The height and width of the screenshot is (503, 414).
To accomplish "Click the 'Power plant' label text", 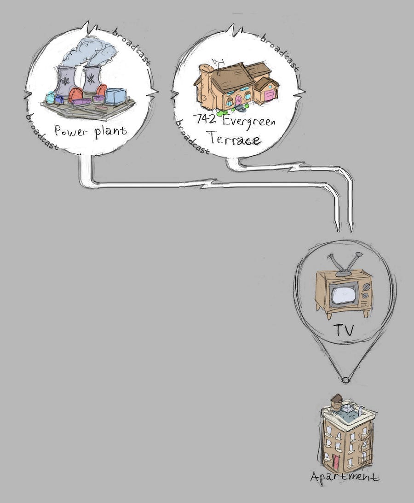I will [90, 131].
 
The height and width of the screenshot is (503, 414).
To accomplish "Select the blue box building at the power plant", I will [115, 96].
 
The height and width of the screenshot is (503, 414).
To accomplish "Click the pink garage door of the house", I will [269, 95].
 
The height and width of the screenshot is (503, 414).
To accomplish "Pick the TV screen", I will [343, 293].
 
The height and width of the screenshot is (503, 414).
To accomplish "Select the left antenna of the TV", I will [335, 263].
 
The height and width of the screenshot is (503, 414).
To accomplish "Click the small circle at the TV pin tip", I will [344, 380].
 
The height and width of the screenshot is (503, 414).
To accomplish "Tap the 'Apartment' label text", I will [345, 477].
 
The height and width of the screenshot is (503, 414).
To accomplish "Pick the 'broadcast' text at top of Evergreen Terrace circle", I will [279, 51].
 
